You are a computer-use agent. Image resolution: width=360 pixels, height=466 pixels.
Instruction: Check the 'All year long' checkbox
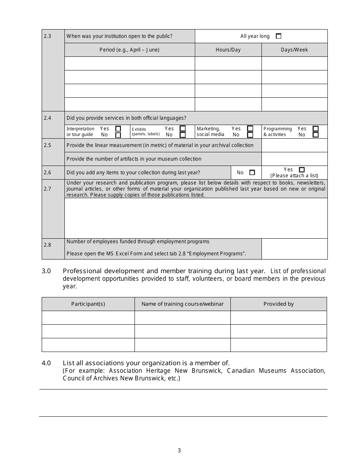point(279,36)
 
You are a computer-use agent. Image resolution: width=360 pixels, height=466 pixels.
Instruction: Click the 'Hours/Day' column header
point(228,50)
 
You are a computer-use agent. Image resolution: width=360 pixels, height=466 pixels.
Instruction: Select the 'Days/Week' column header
point(294,50)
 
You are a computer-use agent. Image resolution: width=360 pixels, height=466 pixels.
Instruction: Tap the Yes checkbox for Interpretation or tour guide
point(118,129)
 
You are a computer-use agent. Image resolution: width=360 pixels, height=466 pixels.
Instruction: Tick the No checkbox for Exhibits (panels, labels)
point(183,134)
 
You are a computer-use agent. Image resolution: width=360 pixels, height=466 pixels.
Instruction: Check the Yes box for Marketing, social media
point(250,129)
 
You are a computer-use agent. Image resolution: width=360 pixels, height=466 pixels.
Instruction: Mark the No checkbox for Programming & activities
point(316,134)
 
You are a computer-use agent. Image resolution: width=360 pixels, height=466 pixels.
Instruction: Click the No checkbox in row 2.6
point(252,172)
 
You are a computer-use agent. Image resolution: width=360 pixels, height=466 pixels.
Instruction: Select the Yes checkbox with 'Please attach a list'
point(302,170)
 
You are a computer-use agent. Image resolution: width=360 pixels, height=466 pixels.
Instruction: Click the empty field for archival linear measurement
point(294,145)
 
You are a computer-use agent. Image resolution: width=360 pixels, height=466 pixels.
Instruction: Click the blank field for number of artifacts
point(294,159)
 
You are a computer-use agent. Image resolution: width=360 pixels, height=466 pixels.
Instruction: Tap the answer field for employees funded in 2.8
point(294,249)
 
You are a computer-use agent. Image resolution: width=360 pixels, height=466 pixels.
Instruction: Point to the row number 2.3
point(47,36)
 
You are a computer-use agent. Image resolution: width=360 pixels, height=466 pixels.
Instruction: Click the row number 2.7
point(47,189)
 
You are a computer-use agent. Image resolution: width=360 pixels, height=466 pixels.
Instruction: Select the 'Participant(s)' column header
point(88,304)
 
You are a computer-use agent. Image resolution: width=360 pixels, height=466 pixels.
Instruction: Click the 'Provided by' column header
point(279,304)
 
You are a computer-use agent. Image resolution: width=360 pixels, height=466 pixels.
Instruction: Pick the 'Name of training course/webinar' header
point(182,304)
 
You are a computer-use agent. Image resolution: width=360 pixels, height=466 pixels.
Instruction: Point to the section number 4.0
point(46,363)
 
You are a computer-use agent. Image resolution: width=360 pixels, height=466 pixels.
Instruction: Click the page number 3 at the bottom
point(179,450)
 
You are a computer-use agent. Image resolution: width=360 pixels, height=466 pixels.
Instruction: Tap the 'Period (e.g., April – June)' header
point(129,50)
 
